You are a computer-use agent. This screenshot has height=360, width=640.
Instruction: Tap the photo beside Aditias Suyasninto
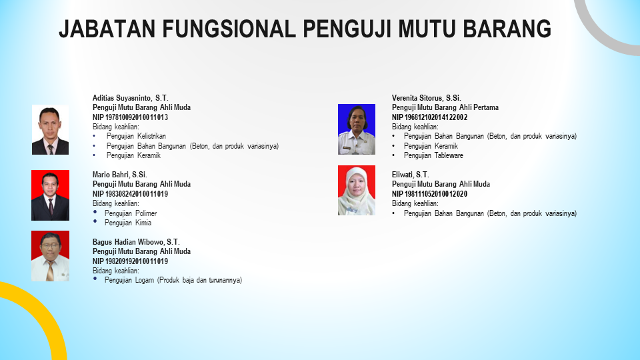(50, 130)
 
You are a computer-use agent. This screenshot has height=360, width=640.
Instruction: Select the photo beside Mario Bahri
(50, 195)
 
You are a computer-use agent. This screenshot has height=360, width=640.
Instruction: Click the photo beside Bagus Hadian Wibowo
(50, 256)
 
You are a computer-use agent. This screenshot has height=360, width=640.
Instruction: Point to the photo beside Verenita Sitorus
(356, 129)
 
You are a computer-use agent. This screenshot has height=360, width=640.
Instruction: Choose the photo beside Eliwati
(356, 190)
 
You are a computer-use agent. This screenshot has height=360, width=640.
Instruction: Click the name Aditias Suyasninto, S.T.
(130, 98)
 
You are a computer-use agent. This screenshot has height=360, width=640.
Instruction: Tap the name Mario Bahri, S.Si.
(119, 175)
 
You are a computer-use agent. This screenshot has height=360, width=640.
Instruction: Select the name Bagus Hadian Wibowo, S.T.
(136, 242)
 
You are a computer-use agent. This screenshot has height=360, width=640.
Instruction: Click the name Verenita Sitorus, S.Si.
(427, 98)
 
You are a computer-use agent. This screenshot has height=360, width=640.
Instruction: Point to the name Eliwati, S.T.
(411, 175)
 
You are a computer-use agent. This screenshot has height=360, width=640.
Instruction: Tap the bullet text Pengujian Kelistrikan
(136, 136)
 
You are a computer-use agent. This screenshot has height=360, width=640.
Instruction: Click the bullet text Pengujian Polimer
(131, 213)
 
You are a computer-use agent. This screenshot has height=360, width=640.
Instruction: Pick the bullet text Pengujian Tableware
(433, 155)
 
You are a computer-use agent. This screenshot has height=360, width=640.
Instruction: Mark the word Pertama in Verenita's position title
(486, 108)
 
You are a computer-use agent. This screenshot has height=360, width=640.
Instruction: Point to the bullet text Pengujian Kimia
(128, 223)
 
